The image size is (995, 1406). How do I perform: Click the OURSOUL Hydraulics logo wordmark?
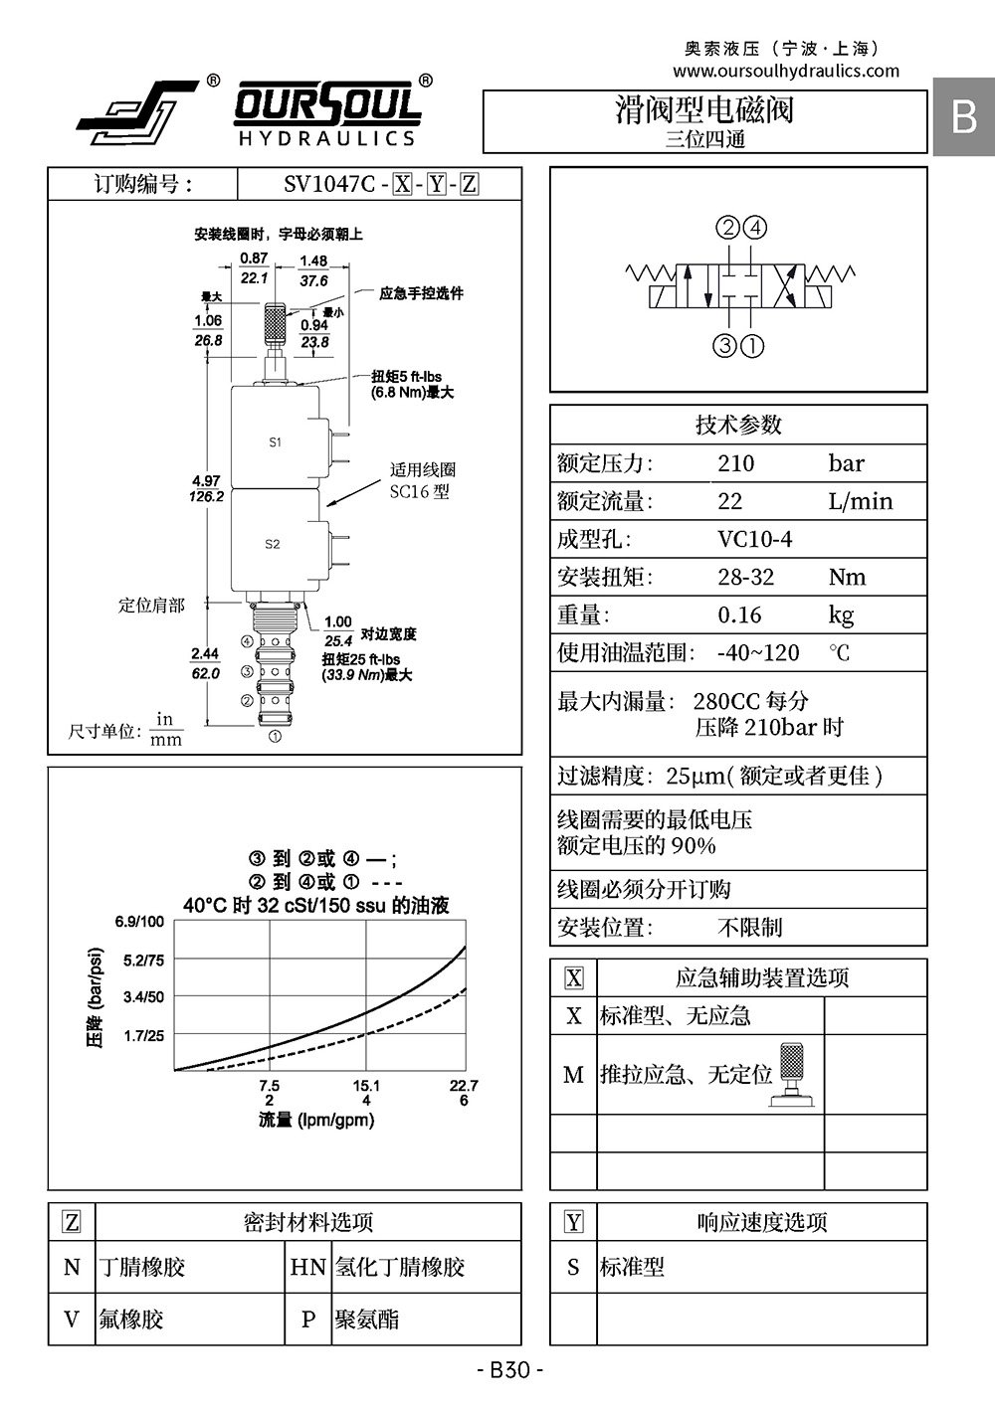pyautogui.click(x=327, y=113)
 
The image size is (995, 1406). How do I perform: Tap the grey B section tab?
pyautogui.click(x=963, y=116)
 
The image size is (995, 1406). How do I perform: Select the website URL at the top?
pyautogui.click(x=786, y=71)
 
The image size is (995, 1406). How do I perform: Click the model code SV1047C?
pyautogui.click(x=329, y=184)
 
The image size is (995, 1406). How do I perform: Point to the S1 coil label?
pyautogui.click(x=276, y=441)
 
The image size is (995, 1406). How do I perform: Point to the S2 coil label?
pyautogui.click(x=272, y=544)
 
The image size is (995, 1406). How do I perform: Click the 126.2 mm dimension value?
pyautogui.click(x=207, y=496)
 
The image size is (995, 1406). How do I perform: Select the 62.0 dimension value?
pyautogui.click(x=205, y=673)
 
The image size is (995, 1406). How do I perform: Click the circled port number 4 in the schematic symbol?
pyautogui.click(x=755, y=228)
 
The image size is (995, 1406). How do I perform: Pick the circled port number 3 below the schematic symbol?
pyautogui.click(x=724, y=345)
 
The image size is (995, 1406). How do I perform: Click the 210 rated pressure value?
pyautogui.click(x=735, y=463)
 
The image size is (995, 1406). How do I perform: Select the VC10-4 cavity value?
pyautogui.click(x=754, y=539)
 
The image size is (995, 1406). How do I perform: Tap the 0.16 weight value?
pyautogui.click(x=739, y=615)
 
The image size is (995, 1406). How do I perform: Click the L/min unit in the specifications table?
pyautogui.click(x=860, y=501)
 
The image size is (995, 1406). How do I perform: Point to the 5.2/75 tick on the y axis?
pyautogui.click(x=143, y=960)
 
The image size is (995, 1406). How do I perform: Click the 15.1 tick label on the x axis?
pyautogui.click(x=366, y=1085)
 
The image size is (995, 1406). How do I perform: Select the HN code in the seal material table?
pyautogui.click(x=307, y=1267)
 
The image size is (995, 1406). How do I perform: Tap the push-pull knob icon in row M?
pyautogui.click(x=792, y=1075)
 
